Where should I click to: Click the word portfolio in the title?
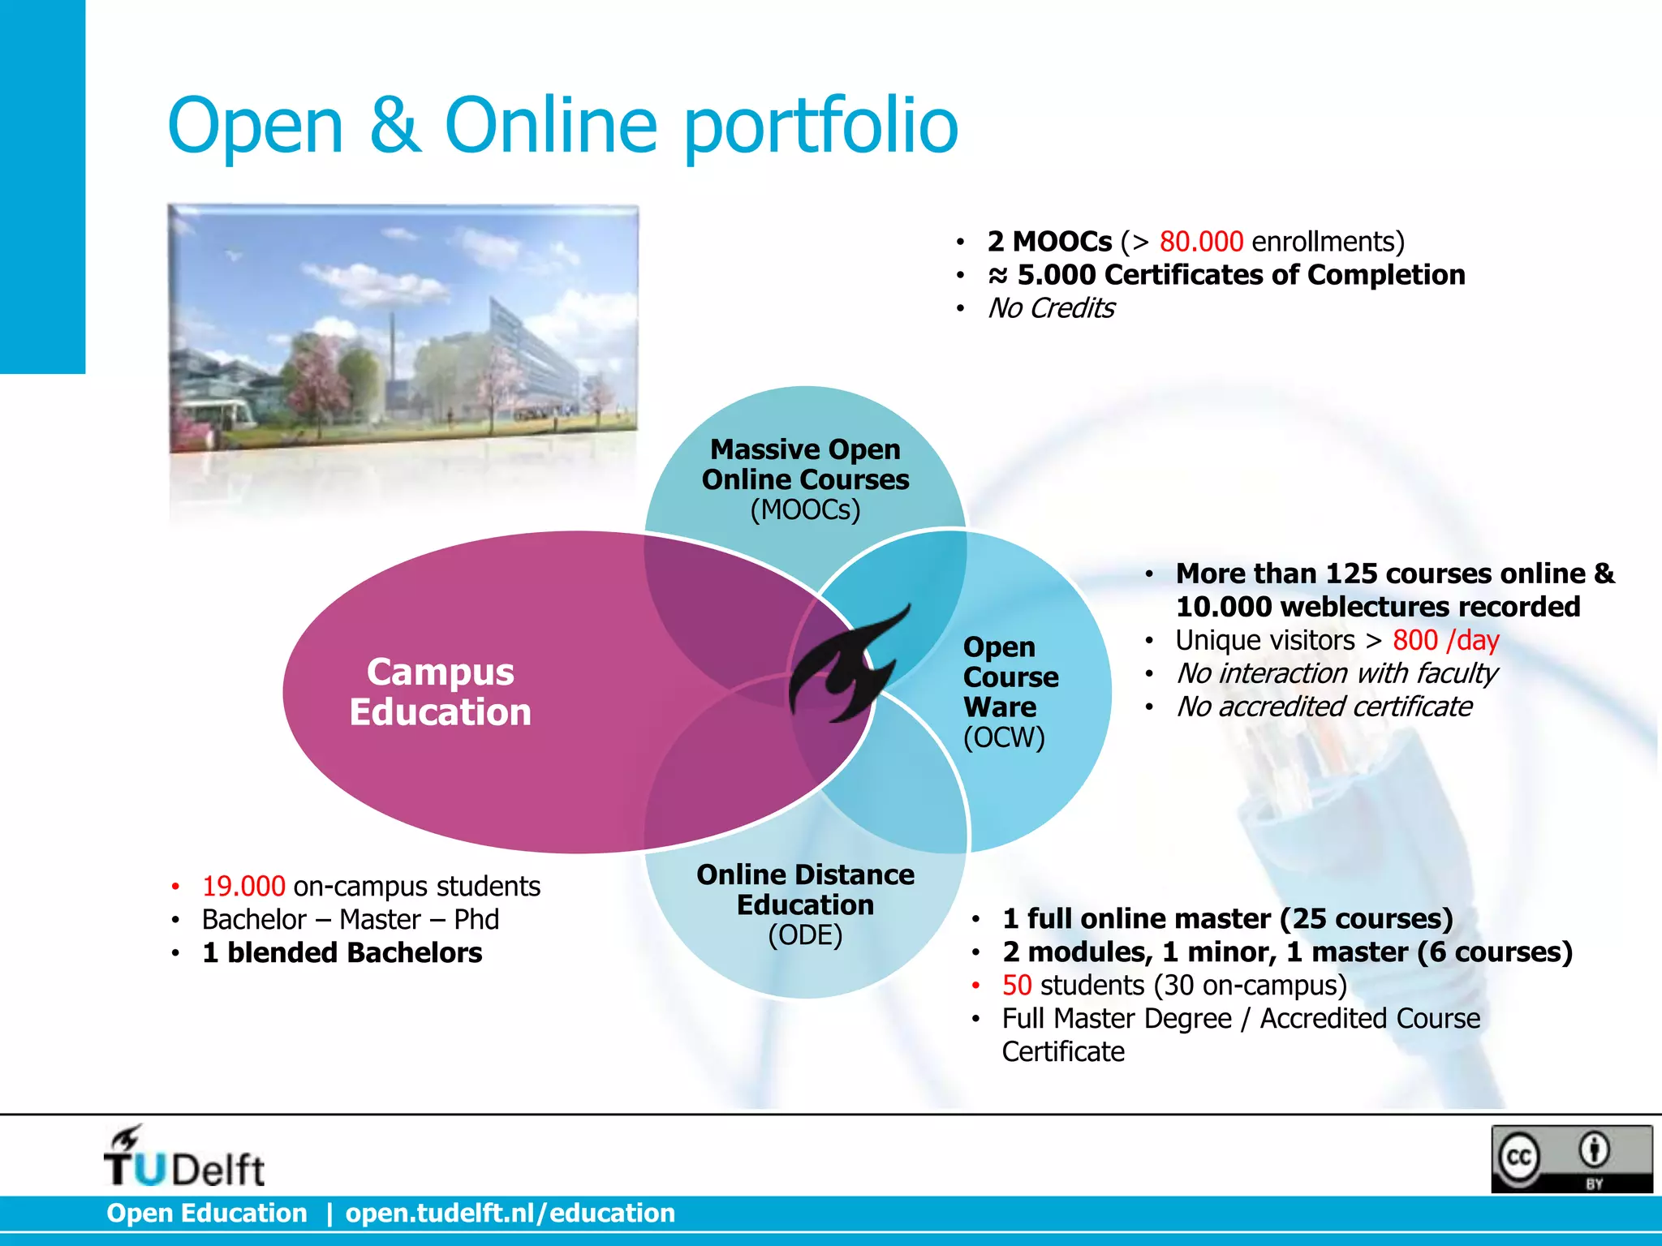821,126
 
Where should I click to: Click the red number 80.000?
1201,242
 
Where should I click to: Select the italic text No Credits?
1051,308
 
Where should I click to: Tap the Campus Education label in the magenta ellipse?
440,692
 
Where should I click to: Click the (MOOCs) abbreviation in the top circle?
805,510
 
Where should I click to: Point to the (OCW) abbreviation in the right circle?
1004,737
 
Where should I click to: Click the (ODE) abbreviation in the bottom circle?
805,935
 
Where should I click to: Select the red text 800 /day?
1445,640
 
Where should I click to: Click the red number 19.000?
243,886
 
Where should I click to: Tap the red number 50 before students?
1016,985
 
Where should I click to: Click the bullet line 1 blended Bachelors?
342,952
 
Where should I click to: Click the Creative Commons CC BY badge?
1571,1158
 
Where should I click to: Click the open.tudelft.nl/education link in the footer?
510,1213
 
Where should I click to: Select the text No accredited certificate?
1324,707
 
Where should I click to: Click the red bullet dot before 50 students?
976,986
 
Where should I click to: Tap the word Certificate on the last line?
1063,1051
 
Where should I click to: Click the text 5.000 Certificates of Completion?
1241,275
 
